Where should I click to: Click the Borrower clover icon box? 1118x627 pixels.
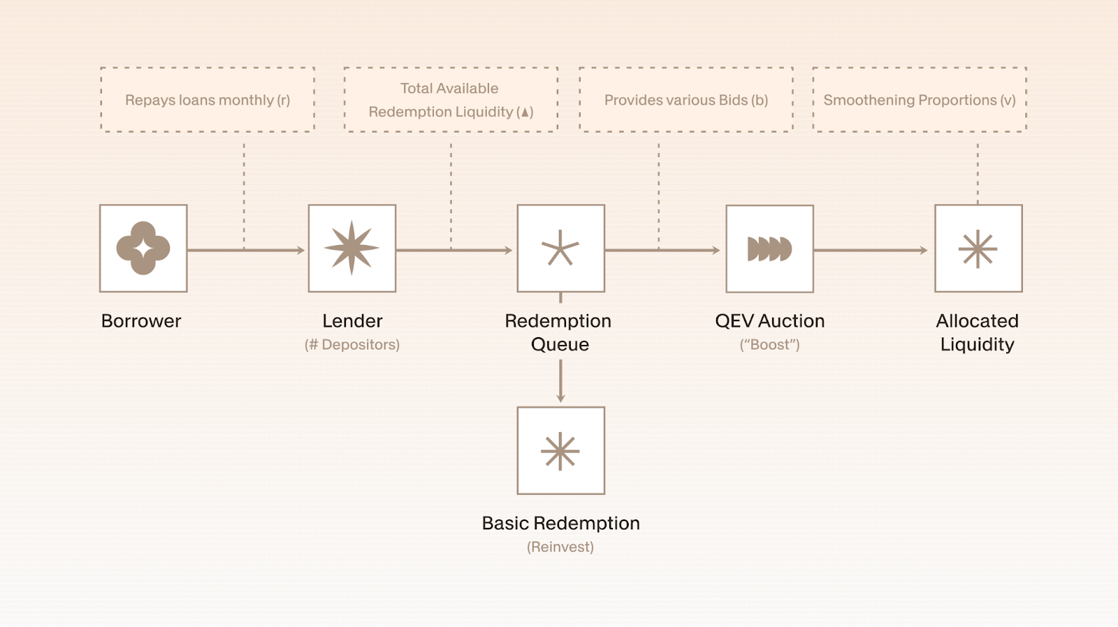[143, 248]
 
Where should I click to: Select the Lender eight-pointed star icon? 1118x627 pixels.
[352, 248]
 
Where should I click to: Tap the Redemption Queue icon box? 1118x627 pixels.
[560, 248]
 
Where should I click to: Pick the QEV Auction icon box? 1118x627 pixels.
[769, 249]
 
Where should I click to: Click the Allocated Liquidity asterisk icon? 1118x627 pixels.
[978, 249]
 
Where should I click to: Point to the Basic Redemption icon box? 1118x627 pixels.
[560, 450]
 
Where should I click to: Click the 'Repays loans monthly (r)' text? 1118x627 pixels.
[208, 100]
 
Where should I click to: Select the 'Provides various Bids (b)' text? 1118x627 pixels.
[685, 100]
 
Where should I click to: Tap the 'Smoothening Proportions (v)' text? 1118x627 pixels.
[919, 100]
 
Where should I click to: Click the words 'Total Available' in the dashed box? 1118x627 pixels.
[449, 89]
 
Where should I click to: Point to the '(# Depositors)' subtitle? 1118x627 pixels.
[352, 344]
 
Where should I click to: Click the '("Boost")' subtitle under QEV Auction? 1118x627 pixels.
[769, 344]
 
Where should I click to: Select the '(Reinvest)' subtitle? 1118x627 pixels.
[560, 547]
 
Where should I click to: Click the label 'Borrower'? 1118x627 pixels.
[141, 321]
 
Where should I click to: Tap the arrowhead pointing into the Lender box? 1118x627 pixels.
[301, 250]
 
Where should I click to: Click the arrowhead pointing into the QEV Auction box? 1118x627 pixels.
[716, 250]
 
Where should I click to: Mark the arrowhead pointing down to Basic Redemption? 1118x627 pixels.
[560, 398]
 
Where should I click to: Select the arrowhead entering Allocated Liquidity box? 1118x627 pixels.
[924, 250]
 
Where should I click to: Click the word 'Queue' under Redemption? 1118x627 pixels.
[560, 344]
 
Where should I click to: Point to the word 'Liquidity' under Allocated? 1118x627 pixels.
[977, 344]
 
